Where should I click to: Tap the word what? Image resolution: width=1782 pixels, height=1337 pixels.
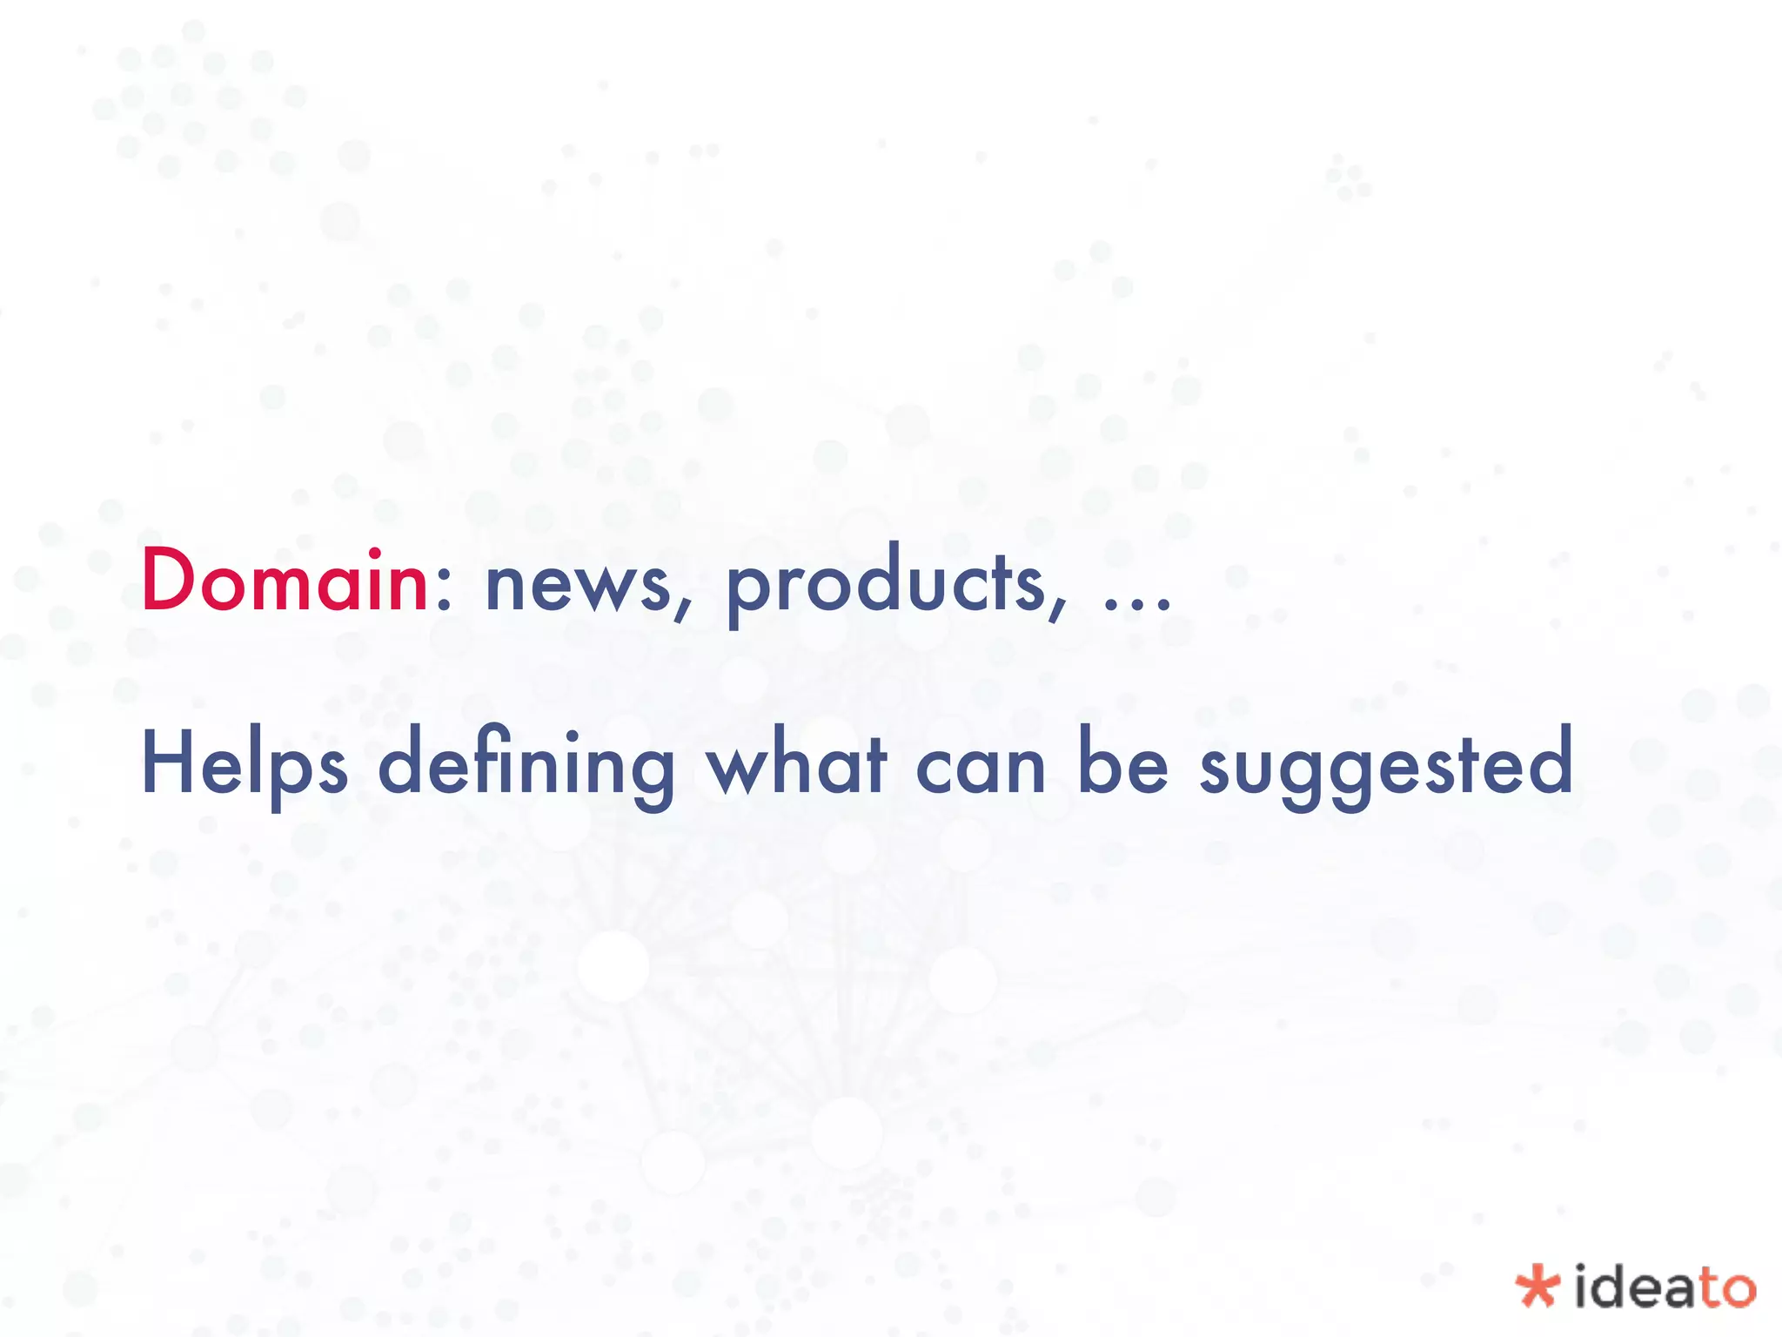tap(796, 764)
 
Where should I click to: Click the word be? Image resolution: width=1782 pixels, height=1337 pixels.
tap(1122, 763)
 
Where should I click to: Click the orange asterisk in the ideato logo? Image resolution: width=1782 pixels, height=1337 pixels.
tap(1537, 1287)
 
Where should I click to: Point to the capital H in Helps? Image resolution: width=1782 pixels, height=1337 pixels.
tap(170, 763)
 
